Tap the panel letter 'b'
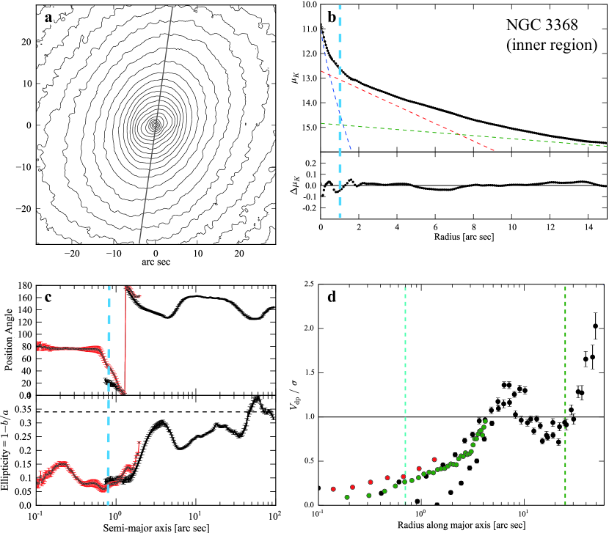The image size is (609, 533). click(x=332, y=15)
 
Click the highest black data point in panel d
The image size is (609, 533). click(x=595, y=326)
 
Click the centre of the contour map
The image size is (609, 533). click(x=155, y=125)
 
